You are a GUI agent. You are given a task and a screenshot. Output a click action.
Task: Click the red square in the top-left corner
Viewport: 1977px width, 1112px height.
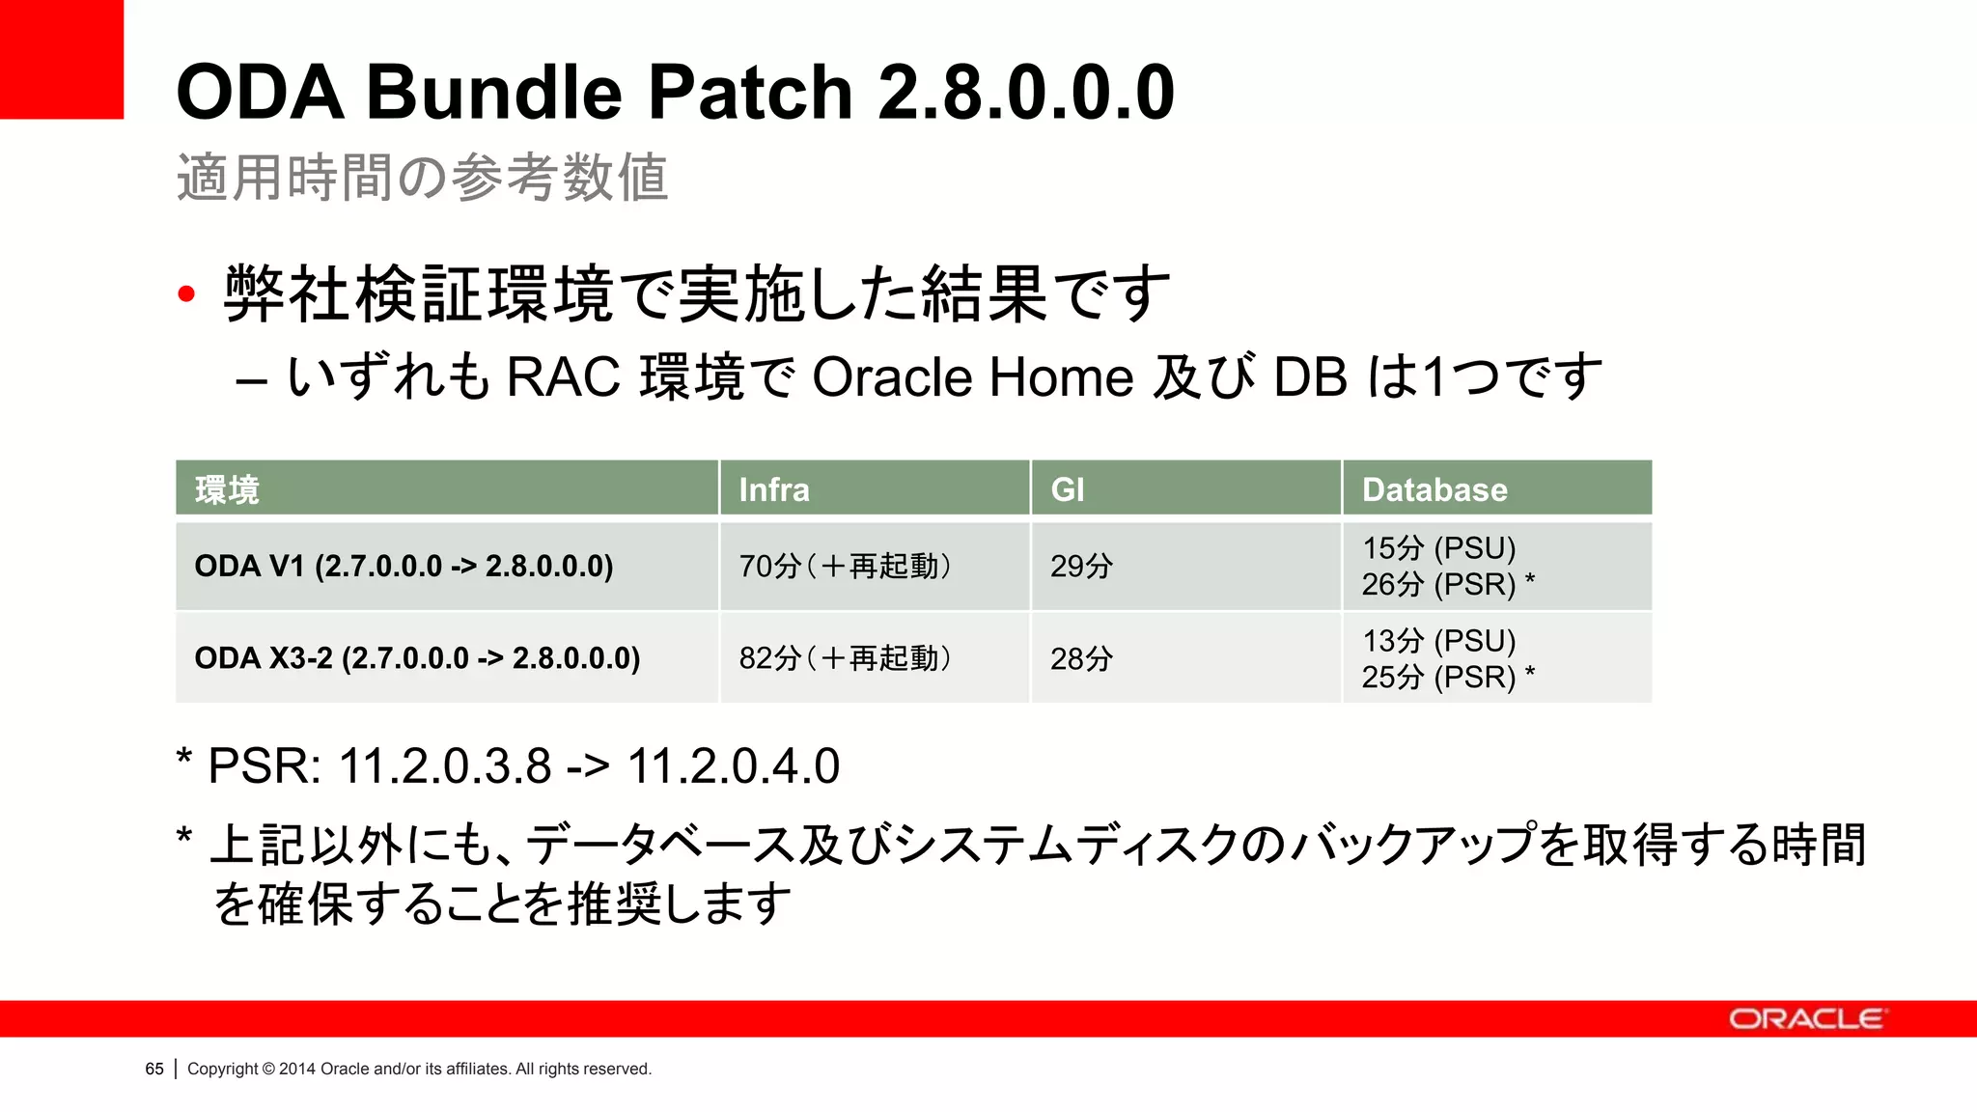pos(61,59)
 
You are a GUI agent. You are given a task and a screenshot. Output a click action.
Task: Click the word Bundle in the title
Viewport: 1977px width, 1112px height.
pos(494,92)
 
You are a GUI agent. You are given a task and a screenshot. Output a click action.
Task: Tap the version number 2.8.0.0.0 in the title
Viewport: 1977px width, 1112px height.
pos(1025,92)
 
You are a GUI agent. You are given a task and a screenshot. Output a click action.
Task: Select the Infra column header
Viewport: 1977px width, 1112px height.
pos(774,489)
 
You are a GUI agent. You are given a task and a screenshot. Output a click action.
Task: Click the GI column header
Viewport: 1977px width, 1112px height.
pos(1068,489)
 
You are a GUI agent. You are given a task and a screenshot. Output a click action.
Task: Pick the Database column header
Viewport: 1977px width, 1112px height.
pos(1434,489)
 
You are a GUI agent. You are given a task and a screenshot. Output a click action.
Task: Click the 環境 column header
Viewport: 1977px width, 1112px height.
pos(228,489)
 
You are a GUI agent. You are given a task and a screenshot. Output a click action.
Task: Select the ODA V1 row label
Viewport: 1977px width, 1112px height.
pos(404,566)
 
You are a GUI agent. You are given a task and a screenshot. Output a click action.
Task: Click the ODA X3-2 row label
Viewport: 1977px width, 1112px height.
pos(417,658)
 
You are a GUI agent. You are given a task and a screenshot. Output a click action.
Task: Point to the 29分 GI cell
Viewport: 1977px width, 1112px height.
pos(1081,566)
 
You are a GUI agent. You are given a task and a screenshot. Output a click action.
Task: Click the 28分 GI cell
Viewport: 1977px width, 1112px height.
pos(1081,658)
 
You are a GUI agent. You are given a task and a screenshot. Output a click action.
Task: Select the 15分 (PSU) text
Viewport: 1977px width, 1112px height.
pos(1438,547)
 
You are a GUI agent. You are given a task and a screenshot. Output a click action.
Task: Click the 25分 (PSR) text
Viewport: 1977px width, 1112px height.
pos(1438,677)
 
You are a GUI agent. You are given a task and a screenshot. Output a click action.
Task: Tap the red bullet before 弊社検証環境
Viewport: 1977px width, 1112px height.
pos(186,294)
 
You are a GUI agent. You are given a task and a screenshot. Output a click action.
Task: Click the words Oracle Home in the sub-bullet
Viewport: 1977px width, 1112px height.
pos(973,376)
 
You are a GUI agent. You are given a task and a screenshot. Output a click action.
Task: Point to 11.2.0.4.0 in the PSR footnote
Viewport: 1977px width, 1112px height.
pos(734,766)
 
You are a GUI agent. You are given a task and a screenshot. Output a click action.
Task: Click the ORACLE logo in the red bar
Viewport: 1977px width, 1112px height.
pos(1805,1019)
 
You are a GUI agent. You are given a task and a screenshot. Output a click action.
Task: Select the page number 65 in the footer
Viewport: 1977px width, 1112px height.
pos(154,1069)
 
